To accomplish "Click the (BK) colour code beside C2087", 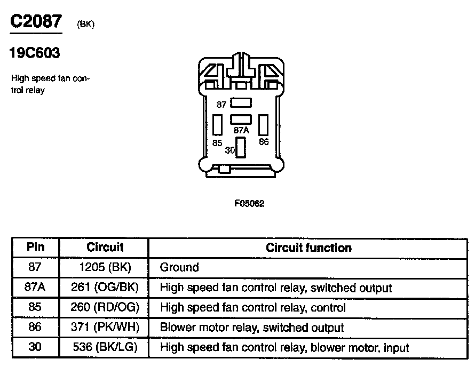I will [x=85, y=25].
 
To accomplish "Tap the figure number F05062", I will [x=249, y=203].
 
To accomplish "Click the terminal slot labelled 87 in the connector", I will [x=241, y=104].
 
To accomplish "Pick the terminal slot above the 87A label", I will [x=241, y=120].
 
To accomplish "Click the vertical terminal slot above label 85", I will [x=217, y=125].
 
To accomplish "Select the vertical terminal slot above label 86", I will [x=263, y=125].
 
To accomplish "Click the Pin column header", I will [x=35, y=248].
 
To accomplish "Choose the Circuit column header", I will [x=105, y=248].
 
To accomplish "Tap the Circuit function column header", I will [x=308, y=248].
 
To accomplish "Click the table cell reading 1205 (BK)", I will [x=105, y=267].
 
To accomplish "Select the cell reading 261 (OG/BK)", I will [x=105, y=288].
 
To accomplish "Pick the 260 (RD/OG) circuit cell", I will [x=105, y=308].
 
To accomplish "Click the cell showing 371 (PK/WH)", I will [x=105, y=328].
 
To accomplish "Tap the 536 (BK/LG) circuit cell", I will [x=105, y=348].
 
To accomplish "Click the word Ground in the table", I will [x=179, y=267].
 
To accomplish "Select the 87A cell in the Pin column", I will [x=35, y=288].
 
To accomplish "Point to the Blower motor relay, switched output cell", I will [x=252, y=328].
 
